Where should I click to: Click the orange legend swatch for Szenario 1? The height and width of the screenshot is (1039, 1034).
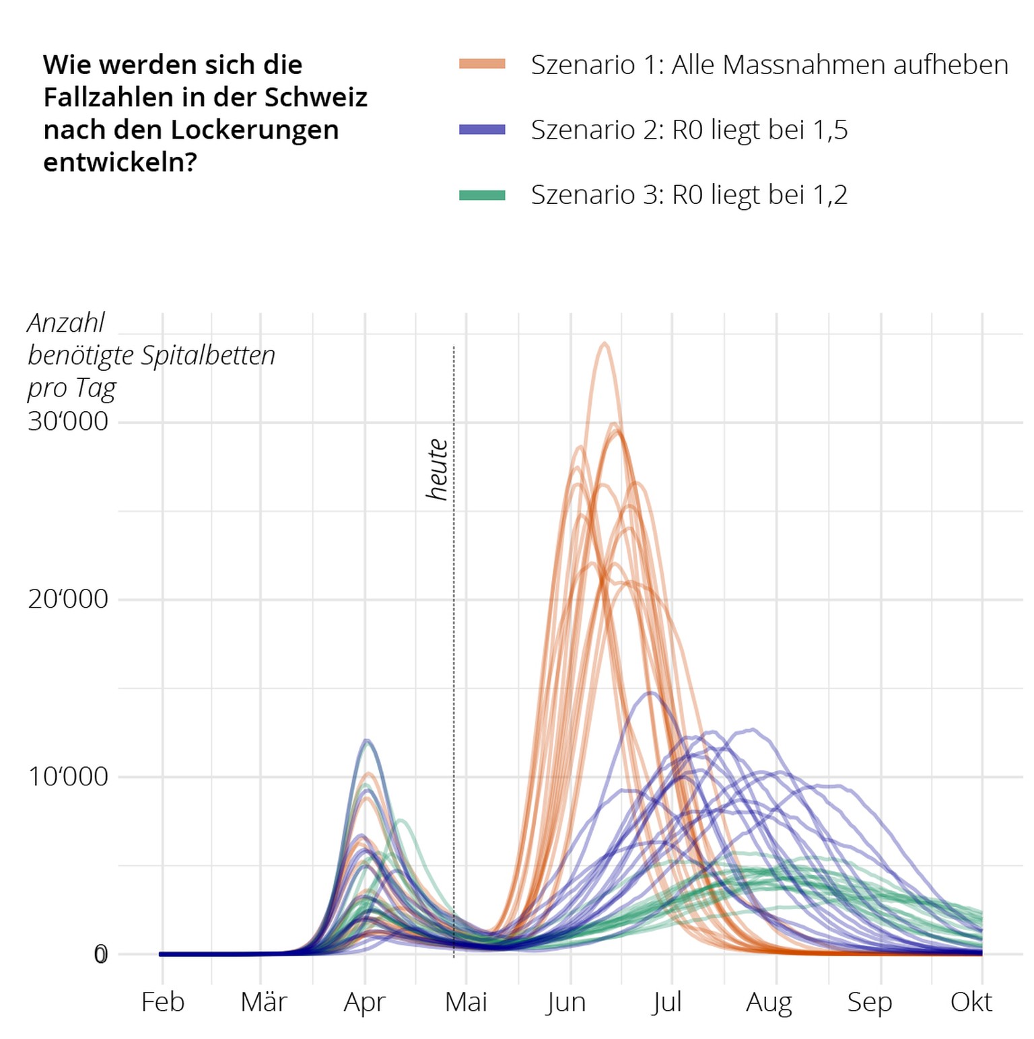[x=482, y=64]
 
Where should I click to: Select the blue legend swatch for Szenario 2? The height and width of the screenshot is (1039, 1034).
[x=482, y=129]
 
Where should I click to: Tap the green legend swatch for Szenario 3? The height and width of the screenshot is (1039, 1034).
[x=482, y=195]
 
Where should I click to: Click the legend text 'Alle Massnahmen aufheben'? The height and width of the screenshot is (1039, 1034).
[x=839, y=65]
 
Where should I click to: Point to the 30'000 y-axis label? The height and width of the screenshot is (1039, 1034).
[x=68, y=421]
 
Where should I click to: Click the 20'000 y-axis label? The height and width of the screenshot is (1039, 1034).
[x=68, y=598]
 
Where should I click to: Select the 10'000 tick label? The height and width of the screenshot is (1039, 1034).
[x=68, y=776]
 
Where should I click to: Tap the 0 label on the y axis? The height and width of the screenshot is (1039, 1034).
[x=100, y=954]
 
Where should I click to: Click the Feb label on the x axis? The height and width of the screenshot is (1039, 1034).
[x=162, y=1002]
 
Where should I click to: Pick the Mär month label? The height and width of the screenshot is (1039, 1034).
[x=263, y=1002]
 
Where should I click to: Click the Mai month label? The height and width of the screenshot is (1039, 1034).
[x=466, y=1002]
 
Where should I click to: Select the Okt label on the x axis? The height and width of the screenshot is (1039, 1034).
[x=971, y=1002]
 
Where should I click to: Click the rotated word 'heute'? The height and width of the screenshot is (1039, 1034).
[x=438, y=469]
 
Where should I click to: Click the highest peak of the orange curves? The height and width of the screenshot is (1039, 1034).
[x=605, y=344]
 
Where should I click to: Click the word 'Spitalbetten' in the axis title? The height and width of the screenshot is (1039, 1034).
[x=208, y=355]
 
